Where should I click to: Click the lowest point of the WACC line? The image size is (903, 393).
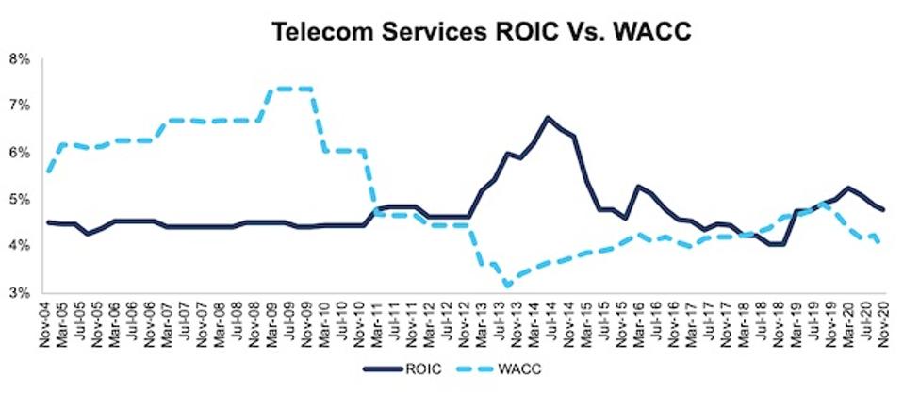pyautogui.click(x=508, y=285)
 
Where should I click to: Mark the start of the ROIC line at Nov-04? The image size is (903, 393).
pyautogui.click(x=48, y=222)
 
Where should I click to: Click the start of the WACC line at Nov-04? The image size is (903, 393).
pyautogui.click(x=48, y=172)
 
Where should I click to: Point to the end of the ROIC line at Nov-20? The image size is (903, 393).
pyautogui.click(x=882, y=209)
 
